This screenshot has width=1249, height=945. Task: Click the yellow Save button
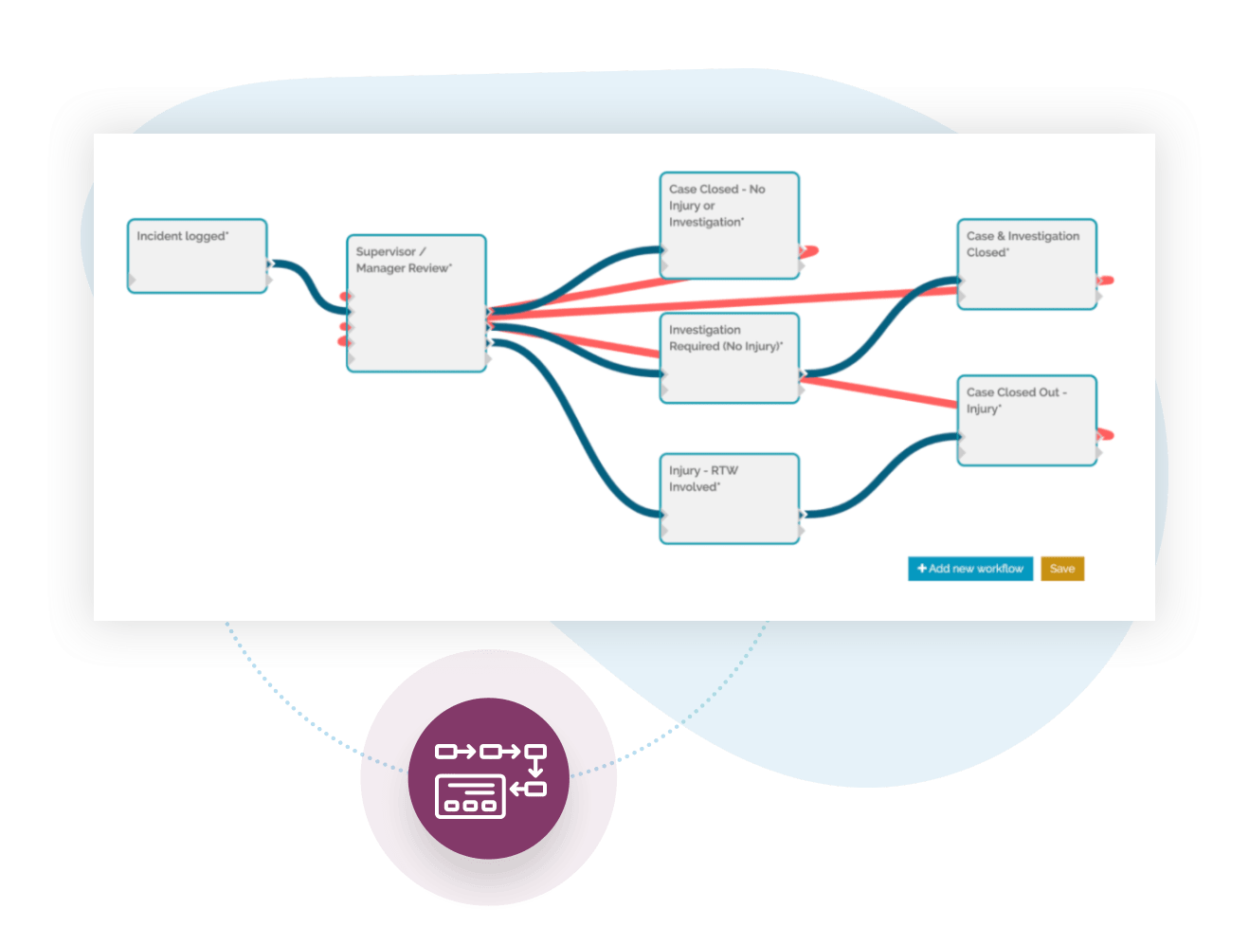(x=1061, y=569)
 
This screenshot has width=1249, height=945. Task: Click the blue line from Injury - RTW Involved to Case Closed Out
(x=881, y=474)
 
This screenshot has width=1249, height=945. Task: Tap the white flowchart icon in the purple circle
(x=489, y=779)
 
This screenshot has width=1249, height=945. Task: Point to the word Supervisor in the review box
(x=386, y=252)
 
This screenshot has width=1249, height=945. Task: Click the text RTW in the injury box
(x=724, y=471)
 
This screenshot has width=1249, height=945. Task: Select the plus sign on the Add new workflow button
(x=921, y=569)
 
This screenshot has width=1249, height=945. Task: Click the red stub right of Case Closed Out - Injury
(x=1105, y=435)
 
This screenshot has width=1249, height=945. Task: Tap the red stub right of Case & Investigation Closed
(x=1105, y=281)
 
